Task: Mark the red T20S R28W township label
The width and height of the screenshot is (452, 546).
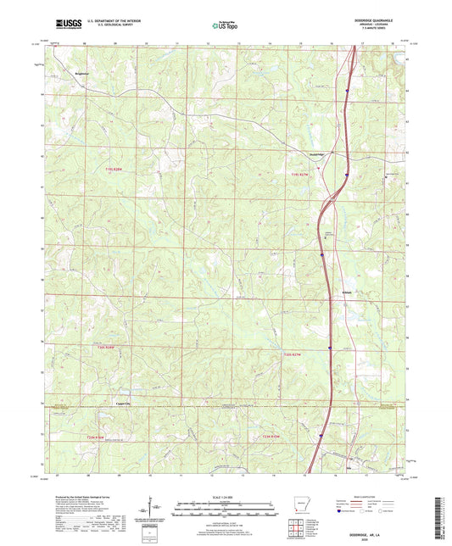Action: click(104, 348)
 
